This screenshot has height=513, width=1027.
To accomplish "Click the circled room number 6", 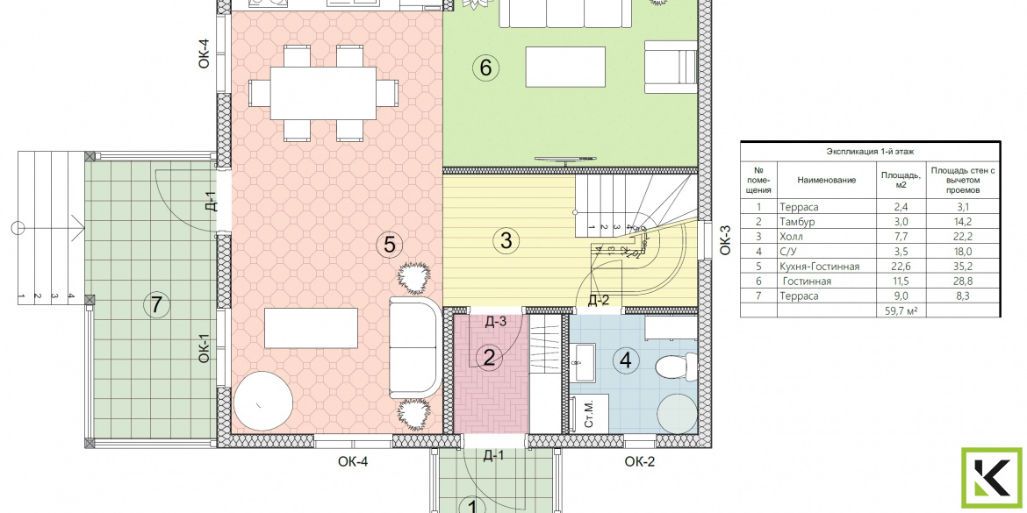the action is (x=485, y=68).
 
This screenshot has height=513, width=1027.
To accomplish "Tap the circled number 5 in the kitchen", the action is (x=389, y=245).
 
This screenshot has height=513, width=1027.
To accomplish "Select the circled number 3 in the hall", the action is (x=506, y=241).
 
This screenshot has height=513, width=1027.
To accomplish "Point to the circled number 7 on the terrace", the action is (x=156, y=304).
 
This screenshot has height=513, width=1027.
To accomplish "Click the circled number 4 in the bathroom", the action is (x=626, y=360).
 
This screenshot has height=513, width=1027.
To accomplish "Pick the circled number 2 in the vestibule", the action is (x=489, y=358).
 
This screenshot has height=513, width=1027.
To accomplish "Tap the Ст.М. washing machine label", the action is (x=588, y=414).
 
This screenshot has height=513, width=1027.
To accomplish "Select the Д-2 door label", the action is (x=598, y=300).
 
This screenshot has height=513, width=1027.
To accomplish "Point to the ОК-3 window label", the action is (x=725, y=240).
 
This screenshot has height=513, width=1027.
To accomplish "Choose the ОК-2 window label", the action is (x=639, y=462).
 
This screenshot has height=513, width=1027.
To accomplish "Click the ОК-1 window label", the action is (x=204, y=348).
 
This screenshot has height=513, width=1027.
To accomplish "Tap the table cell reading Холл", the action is (x=792, y=237).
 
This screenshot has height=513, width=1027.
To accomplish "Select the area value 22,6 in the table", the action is (x=894, y=267).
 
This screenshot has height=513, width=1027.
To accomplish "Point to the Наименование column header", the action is (x=827, y=180).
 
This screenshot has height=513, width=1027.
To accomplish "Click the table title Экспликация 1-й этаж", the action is (x=870, y=151).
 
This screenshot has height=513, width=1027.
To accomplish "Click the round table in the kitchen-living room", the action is (x=263, y=401).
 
